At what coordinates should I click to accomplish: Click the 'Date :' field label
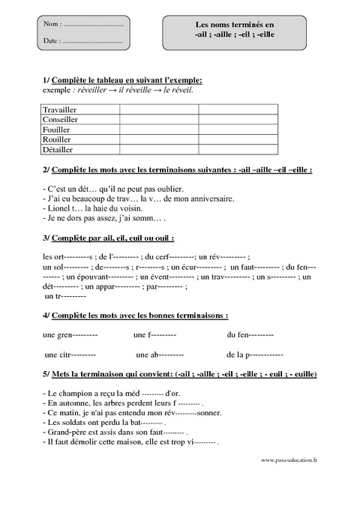(53, 40)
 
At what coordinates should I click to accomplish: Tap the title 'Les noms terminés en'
(247, 25)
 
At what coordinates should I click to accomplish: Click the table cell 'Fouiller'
(58, 129)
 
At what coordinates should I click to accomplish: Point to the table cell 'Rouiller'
(58, 139)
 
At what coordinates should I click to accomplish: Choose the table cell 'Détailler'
(60, 148)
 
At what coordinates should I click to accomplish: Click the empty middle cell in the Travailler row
(158, 109)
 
